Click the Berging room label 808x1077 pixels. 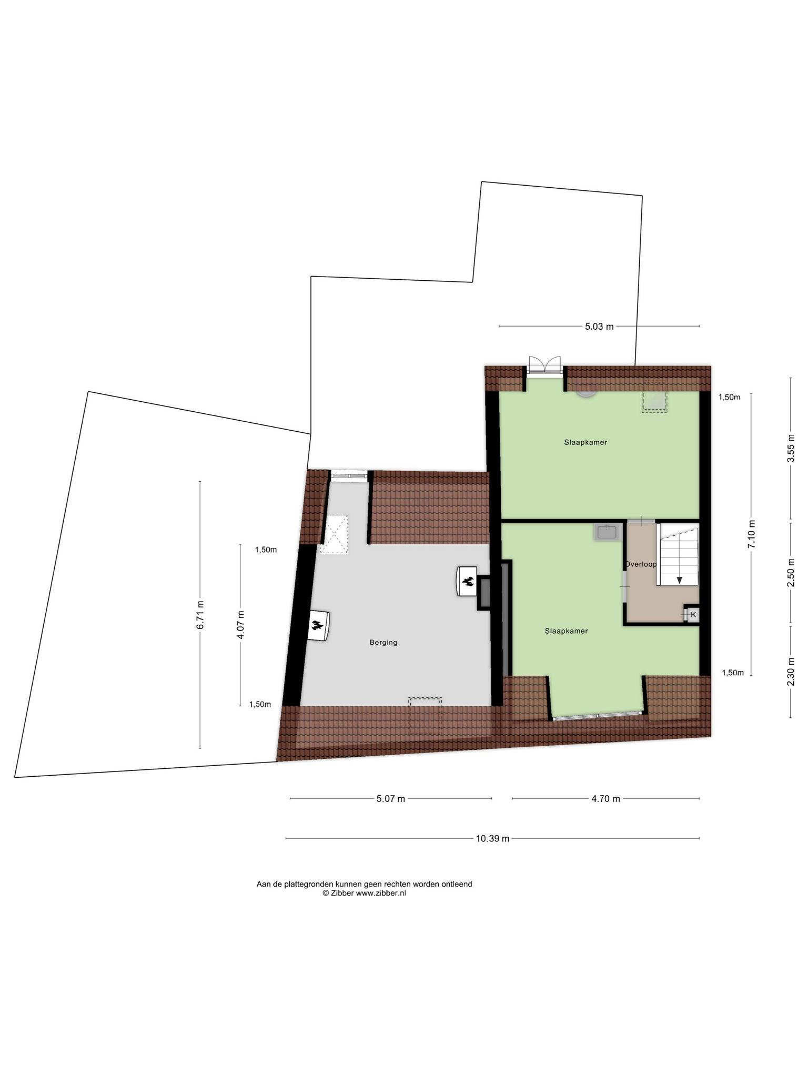(383, 642)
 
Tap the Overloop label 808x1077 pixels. (641, 564)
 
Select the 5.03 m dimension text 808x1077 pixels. (599, 327)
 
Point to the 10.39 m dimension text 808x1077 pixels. (492, 839)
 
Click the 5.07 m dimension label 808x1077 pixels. (391, 799)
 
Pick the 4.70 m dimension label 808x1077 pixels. (605, 799)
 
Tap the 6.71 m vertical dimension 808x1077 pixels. (200, 615)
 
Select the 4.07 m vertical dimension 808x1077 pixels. (240, 625)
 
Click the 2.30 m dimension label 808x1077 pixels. (790, 672)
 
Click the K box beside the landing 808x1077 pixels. (693, 614)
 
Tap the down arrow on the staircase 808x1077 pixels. (680, 580)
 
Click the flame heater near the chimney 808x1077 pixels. (467, 581)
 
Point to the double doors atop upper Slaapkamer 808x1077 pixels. (544, 365)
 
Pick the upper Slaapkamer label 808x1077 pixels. (585, 442)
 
